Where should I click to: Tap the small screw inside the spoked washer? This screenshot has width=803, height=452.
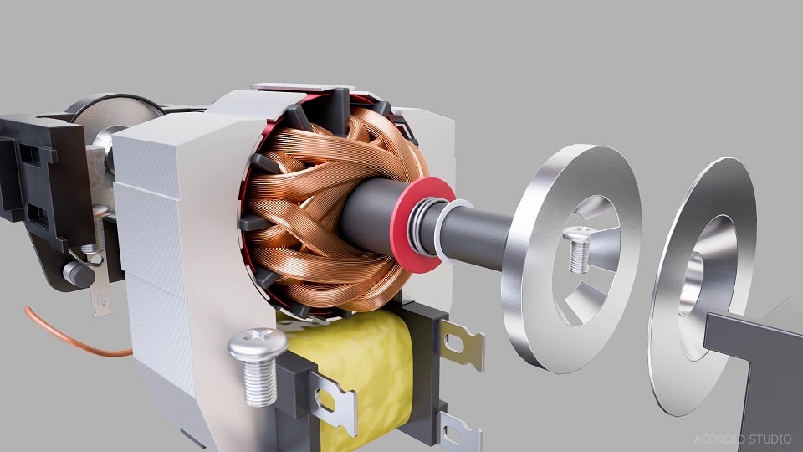[578, 249]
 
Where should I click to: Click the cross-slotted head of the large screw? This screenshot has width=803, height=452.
[257, 342]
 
